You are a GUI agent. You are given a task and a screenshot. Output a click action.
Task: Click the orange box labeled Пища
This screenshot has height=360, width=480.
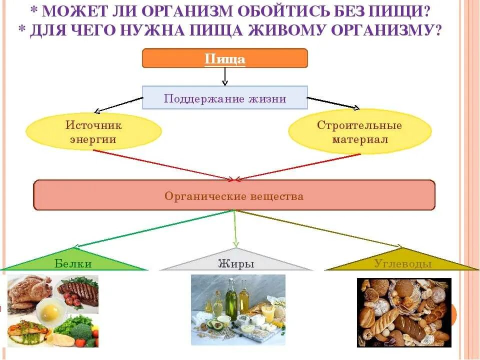225,58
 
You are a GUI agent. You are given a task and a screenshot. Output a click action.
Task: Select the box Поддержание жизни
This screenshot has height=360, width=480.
225,98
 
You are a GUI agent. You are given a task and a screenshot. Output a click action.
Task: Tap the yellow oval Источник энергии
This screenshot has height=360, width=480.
93,132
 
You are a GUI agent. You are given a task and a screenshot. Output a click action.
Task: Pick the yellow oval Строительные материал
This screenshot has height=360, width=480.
360,132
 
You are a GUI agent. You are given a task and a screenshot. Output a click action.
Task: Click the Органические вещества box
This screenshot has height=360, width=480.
234,195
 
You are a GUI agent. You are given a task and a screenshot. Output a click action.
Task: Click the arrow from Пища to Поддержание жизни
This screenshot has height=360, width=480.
225,76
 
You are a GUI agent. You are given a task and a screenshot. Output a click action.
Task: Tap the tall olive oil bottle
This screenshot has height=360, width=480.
231,300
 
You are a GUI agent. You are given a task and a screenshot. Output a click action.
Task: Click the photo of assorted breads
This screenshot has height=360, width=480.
404,312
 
